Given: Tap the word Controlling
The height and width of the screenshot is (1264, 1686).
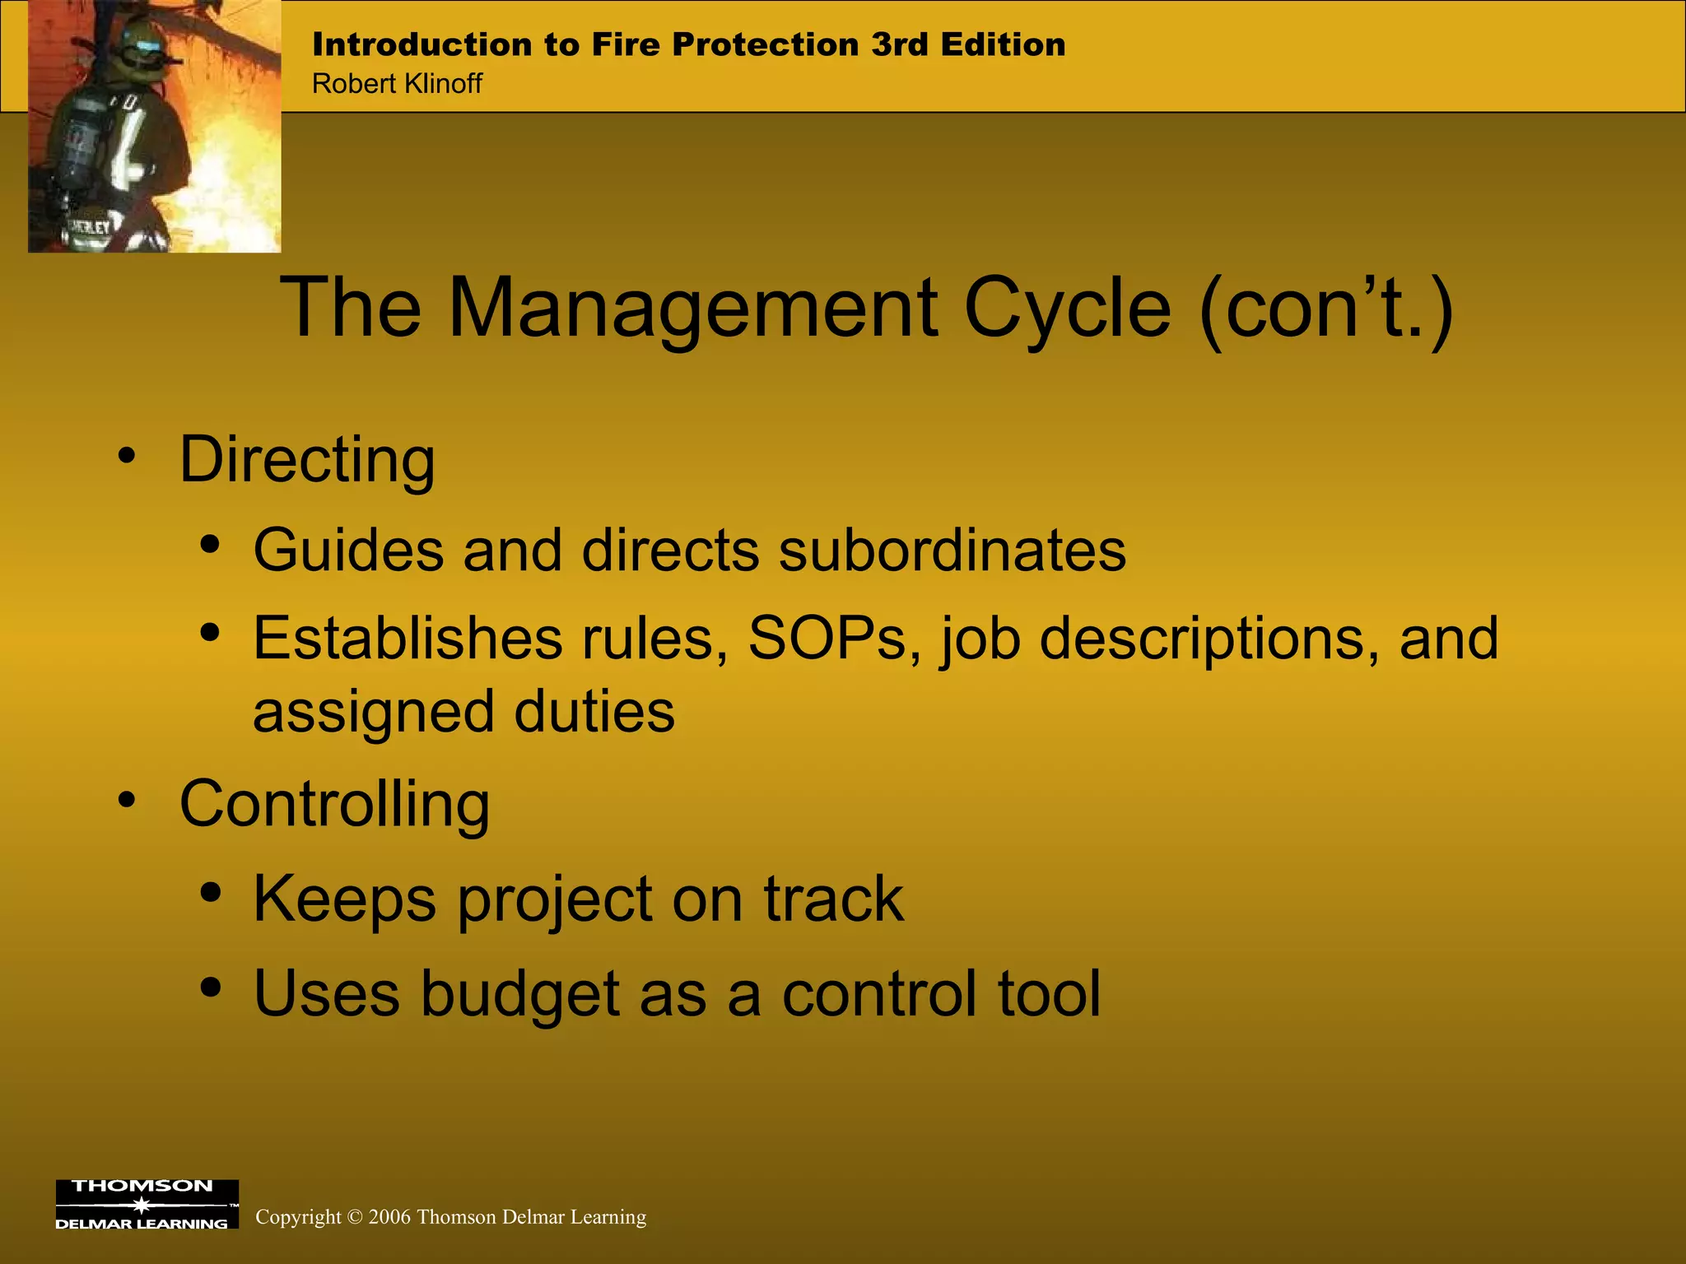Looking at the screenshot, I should tap(334, 804).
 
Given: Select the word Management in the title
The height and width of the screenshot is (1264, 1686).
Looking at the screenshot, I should tap(692, 308).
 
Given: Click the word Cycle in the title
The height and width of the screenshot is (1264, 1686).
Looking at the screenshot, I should tap(1068, 308).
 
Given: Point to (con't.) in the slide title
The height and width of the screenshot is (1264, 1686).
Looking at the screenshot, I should tap(1326, 308).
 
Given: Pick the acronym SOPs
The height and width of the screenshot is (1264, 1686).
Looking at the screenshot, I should tap(834, 639).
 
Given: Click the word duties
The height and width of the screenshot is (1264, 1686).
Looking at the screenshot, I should tap(594, 712).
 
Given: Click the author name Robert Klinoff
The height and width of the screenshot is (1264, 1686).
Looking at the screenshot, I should tap(397, 84).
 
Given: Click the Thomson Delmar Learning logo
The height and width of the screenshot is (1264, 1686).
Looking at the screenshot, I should tap(147, 1204).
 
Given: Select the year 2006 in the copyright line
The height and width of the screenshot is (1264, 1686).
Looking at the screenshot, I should tap(389, 1217).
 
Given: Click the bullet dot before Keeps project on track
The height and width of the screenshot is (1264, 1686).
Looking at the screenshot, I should tap(211, 893).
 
